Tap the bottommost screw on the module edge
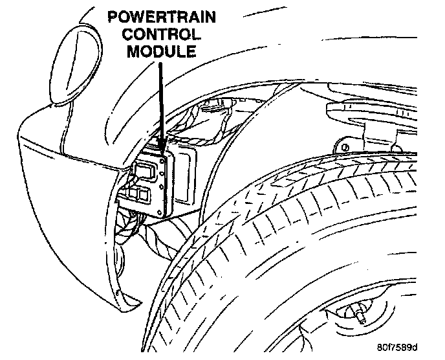pyautogui.click(x=166, y=211)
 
